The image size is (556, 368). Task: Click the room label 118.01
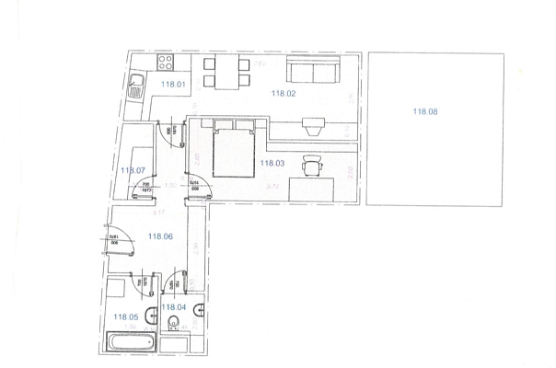173,85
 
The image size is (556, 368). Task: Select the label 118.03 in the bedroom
273,163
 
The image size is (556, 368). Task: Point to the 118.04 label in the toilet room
174,306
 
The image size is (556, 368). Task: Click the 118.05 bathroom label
125,316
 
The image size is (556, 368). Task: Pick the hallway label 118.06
160,236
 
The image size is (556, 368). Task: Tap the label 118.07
133,170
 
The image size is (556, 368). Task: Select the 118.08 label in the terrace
425,111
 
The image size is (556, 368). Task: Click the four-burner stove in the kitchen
167,63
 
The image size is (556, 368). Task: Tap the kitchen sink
135,88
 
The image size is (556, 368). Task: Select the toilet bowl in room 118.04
174,322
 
